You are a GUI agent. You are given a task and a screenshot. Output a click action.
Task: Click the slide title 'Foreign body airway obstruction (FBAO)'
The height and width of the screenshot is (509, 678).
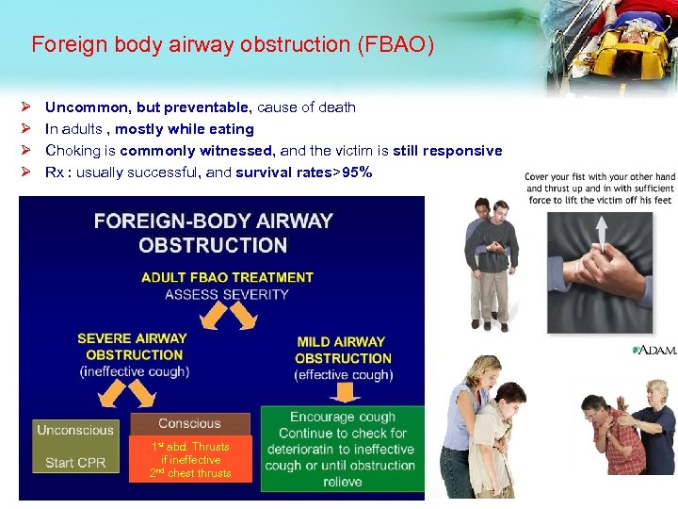click(233, 44)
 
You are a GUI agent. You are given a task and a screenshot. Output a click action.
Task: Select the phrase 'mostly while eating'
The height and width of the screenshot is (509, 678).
click(185, 129)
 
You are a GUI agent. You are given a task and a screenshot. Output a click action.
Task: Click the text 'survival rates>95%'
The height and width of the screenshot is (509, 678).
click(303, 172)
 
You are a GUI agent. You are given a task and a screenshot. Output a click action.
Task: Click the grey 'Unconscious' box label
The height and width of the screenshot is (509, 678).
click(75, 431)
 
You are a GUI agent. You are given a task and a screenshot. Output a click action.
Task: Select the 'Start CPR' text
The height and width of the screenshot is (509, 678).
click(75, 463)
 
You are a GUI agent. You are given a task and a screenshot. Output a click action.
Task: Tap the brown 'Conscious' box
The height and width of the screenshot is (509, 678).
click(189, 424)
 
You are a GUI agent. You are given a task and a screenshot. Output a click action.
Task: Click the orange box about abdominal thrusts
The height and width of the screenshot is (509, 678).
click(189, 459)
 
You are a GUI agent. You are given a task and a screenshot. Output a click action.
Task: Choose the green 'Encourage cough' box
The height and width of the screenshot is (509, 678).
click(342, 449)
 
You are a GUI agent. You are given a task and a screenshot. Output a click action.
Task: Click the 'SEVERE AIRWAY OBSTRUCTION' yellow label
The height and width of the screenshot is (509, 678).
click(133, 347)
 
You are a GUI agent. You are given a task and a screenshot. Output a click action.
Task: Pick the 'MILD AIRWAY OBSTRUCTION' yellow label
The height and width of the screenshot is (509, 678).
click(342, 350)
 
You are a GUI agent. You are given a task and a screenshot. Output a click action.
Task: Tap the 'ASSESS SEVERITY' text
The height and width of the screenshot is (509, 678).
click(227, 294)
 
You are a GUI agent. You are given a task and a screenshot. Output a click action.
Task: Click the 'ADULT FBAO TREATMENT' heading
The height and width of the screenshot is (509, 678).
click(227, 277)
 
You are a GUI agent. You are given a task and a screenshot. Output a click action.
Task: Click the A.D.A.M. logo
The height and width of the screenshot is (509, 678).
click(655, 351)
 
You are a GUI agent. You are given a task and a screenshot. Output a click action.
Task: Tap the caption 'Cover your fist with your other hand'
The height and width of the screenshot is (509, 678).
click(600, 177)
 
